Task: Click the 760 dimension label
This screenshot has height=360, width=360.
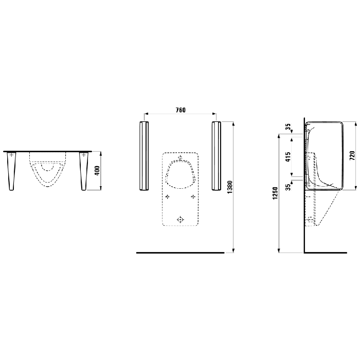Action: (181, 110)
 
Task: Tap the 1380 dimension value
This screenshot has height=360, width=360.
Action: (230, 187)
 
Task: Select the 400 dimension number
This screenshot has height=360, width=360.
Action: (97, 171)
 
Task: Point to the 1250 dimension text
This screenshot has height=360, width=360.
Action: (276, 193)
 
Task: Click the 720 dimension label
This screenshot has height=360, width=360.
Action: (352, 156)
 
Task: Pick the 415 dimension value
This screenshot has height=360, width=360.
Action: (287, 156)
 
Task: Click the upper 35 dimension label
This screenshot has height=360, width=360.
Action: (287, 127)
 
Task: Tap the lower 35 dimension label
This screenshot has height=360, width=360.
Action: (287, 187)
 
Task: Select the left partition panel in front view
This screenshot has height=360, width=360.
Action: (144, 156)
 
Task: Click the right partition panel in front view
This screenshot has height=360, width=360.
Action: (217, 156)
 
